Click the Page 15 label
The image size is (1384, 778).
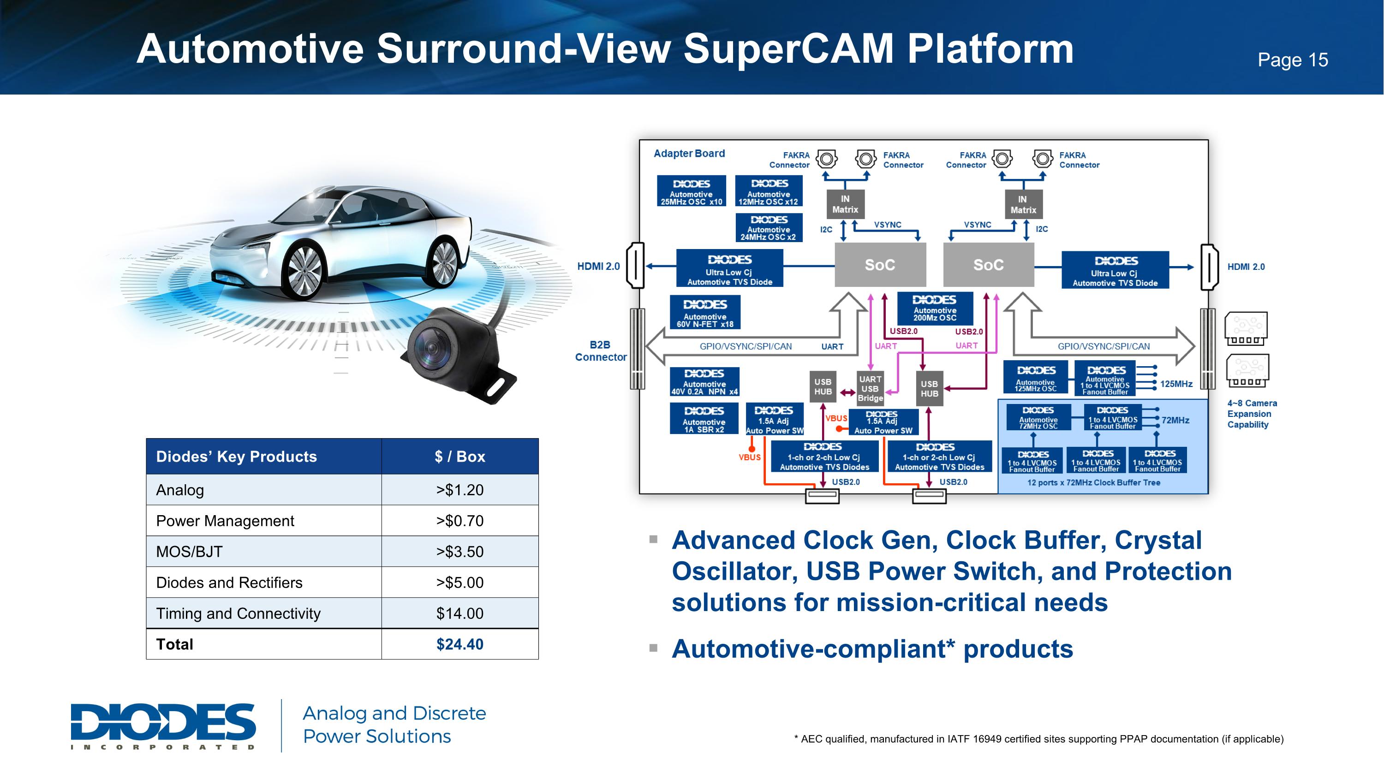click(1292, 60)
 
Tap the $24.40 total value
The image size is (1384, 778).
click(459, 644)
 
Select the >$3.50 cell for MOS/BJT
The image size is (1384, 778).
click(459, 552)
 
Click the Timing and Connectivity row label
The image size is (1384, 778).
click(238, 613)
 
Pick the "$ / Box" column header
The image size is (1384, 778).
click(459, 457)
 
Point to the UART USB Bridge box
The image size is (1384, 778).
click(870, 389)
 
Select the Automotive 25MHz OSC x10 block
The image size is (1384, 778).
click(691, 191)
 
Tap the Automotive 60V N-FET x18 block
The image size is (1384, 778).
click(705, 313)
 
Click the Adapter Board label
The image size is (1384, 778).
click(689, 154)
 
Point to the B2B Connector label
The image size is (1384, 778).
click(600, 351)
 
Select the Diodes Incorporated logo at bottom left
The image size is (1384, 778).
click(163, 725)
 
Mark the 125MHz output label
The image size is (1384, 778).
click(1176, 384)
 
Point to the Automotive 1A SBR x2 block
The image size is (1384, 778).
click(704, 419)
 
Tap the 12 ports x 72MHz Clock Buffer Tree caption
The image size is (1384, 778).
click(1093, 483)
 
